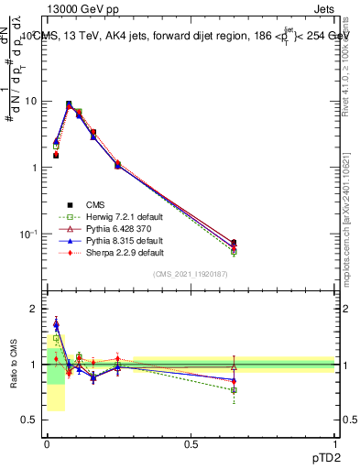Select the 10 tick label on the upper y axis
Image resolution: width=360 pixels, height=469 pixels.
pyautogui.click(x=30, y=101)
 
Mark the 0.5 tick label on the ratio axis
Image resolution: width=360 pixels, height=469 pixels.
pyautogui.click(x=29, y=420)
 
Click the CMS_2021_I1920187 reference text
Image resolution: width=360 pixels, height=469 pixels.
pyautogui.click(x=191, y=274)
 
